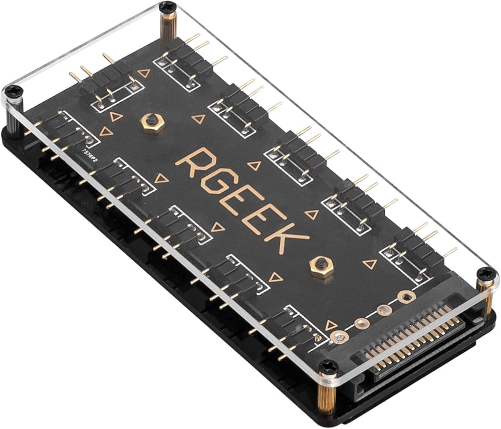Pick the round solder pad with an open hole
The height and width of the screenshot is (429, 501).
point(403,297)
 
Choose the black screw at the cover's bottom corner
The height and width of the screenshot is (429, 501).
point(328,368)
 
